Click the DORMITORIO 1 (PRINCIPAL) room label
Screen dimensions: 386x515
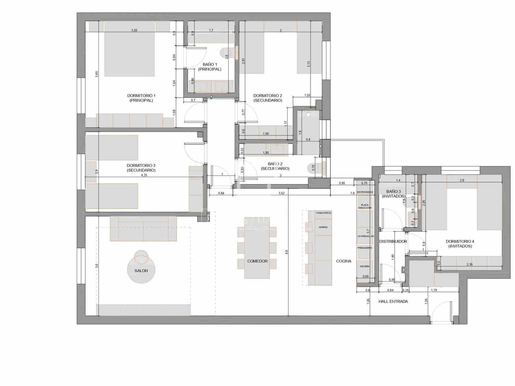coord(141,98)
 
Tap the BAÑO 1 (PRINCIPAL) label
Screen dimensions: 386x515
coord(210,67)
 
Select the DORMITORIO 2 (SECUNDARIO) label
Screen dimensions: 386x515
coord(267,98)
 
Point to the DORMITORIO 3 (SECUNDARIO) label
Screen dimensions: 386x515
coord(141,168)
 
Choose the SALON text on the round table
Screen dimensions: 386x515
coord(141,271)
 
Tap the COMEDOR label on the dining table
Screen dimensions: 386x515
coord(257,261)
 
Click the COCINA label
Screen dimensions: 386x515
coord(343,261)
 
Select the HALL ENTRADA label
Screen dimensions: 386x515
coord(393,301)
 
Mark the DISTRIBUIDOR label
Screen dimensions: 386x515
coord(393,241)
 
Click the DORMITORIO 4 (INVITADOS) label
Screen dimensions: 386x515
coord(460,244)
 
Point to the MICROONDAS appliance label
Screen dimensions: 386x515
coord(365,192)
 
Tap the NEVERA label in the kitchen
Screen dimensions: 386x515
coord(365,266)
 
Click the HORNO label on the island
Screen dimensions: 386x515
coord(323,227)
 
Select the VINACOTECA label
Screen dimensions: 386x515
coord(323,213)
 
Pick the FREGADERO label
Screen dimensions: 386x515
coord(365,248)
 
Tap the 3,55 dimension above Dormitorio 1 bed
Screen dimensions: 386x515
coord(134,30)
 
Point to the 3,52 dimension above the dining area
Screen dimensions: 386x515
coord(281,193)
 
